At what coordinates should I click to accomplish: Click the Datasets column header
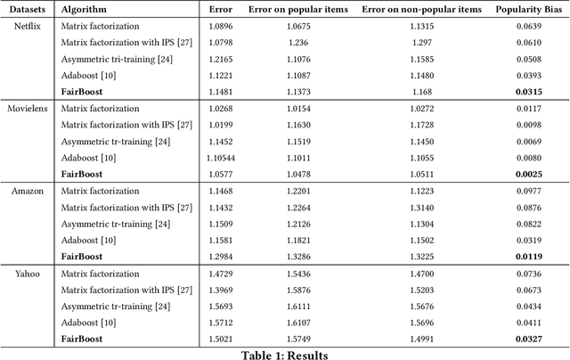point(26,9)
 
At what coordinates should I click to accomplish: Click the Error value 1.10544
point(219,158)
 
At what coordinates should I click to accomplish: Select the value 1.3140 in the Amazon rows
point(419,208)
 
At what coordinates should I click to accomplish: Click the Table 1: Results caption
point(285,355)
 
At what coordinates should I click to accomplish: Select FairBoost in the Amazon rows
point(82,257)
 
